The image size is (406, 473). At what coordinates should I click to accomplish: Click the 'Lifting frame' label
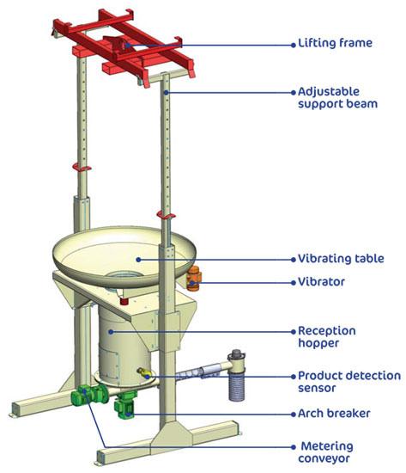point(335,43)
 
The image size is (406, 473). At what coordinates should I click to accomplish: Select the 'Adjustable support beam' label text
point(337,98)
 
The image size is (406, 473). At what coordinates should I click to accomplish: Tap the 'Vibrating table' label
point(341,259)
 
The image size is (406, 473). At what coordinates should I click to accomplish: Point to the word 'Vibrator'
point(321,282)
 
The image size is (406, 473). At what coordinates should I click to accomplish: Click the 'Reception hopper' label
point(327,336)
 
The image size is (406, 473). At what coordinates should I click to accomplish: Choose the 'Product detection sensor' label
point(349,382)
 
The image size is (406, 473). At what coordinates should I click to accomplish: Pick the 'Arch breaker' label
point(334,414)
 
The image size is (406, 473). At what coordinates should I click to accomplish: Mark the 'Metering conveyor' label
point(326,451)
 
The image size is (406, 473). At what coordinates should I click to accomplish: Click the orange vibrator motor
point(193,279)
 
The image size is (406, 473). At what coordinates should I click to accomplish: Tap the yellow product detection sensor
point(142,373)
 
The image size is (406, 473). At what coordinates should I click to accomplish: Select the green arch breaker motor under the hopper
point(125,405)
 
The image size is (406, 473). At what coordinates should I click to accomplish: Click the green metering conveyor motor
point(89,395)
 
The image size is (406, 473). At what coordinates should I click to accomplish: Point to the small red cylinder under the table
point(124,300)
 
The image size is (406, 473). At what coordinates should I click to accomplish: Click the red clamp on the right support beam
point(166,215)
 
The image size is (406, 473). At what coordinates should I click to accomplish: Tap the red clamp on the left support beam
point(82,168)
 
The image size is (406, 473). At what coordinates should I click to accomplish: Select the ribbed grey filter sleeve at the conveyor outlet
point(237,387)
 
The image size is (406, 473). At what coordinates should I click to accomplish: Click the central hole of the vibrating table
point(124,275)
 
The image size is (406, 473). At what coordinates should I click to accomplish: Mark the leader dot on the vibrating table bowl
point(138,260)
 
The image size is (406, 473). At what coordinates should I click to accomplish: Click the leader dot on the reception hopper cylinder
point(111,332)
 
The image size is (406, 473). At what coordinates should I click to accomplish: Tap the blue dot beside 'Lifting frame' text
point(294,46)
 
